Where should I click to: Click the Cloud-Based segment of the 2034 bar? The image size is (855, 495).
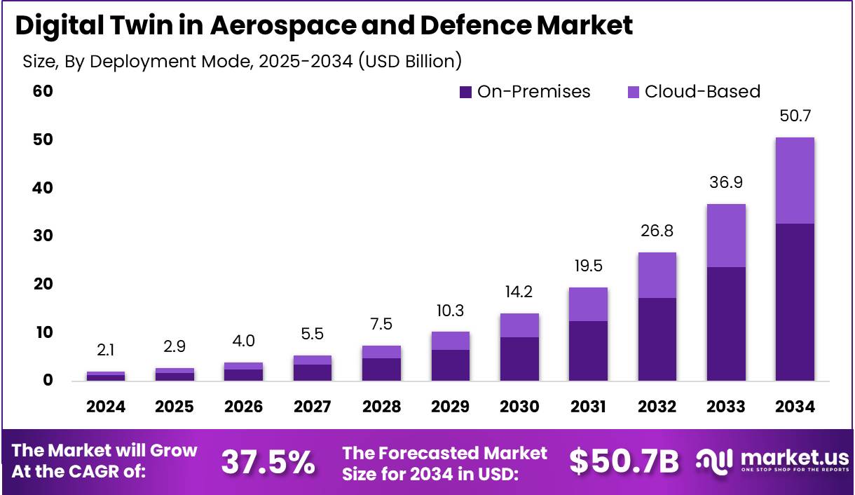[795, 180]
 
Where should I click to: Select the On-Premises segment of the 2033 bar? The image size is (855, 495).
[726, 323]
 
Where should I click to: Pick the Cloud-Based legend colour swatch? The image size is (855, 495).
[634, 92]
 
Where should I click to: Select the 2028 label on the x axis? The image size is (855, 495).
[381, 407]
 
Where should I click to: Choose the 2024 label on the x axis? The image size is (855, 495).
[106, 407]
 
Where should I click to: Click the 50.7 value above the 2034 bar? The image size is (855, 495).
[795, 116]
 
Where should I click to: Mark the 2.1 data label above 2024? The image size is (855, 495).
[106, 350]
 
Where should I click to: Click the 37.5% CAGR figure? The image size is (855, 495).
[268, 462]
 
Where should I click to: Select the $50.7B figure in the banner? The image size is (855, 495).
[624, 462]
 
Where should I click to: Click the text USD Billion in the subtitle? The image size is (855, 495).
[410, 62]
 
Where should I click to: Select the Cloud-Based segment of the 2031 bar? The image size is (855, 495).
[588, 304]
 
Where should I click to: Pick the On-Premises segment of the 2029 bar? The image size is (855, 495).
[450, 365]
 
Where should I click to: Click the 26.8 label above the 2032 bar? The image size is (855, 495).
[657, 231]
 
